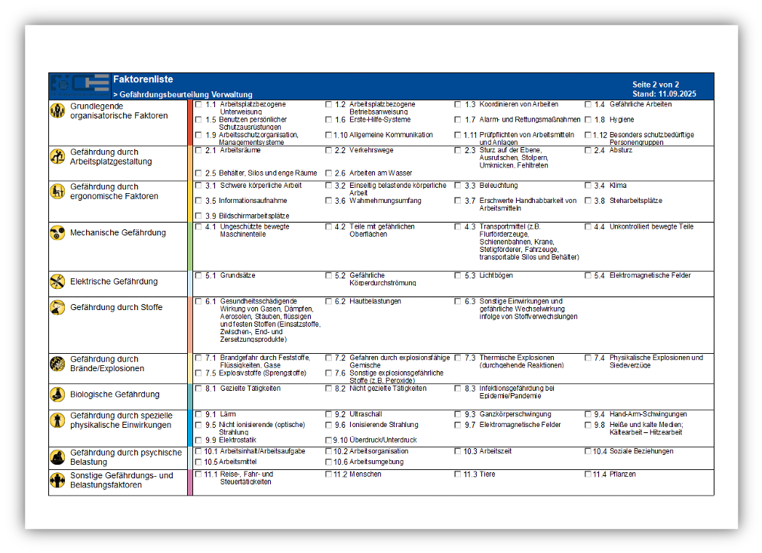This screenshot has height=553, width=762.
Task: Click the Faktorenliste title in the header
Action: click(x=143, y=79)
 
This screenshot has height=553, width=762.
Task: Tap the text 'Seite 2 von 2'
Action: click(x=656, y=84)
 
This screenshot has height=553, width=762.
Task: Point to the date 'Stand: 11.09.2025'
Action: click(x=664, y=94)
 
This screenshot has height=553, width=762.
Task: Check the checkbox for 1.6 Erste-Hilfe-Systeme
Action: click(x=329, y=120)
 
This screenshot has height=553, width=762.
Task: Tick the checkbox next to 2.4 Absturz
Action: click(x=588, y=151)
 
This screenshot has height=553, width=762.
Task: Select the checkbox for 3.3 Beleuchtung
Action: click(x=458, y=186)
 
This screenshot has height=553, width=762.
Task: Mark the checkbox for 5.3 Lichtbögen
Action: click(x=458, y=276)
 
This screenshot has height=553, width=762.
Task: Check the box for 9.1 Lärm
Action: click(x=198, y=414)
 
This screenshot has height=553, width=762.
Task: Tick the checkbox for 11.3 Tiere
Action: click(x=458, y=475)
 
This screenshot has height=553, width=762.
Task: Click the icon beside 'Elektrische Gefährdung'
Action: click(x=57, y=281)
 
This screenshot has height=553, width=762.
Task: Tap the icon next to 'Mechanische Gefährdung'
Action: click(x=57, y=233)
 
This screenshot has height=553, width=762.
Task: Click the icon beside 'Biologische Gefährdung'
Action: click(x=57, y=394)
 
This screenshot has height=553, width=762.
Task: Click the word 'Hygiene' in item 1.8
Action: click(x=622, y=120)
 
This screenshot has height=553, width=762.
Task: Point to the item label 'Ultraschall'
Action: click(x=366, y=414)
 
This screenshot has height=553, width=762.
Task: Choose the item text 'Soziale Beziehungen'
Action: click(x=641, y=452)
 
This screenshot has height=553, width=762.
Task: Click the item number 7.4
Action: click(x=599, y=358)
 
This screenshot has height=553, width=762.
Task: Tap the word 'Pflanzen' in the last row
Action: click(x=622, y=475)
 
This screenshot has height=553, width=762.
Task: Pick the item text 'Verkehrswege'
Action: click(x=371, y=151)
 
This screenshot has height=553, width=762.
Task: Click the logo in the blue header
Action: click(x=79, y=86)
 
